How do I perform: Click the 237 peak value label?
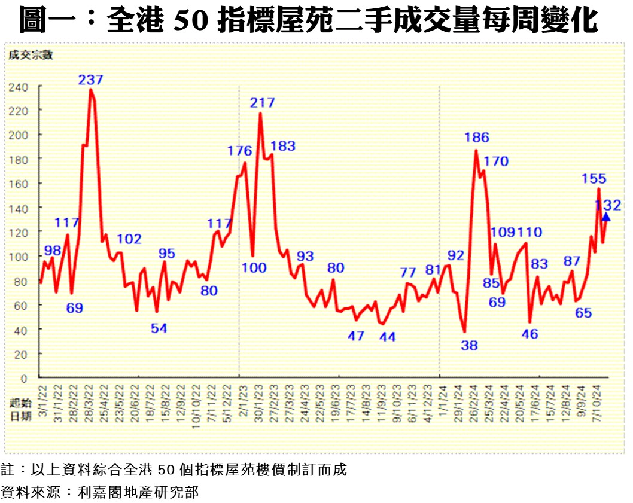coord(91,80)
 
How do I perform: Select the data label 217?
coord(262,103)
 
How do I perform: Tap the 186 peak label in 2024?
coord(476,138)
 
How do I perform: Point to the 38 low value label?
coord(470,345)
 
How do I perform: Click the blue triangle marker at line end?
coord(605,217)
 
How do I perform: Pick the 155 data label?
coord(594,178)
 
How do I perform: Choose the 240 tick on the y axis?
coord(18,87)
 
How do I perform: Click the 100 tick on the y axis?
coord(18,257)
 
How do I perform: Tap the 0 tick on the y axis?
coord(24,378)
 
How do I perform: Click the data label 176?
coord(239,151)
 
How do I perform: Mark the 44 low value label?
coord(387,337)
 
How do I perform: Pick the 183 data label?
coord(282,146)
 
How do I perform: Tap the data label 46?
coord(530,334)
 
